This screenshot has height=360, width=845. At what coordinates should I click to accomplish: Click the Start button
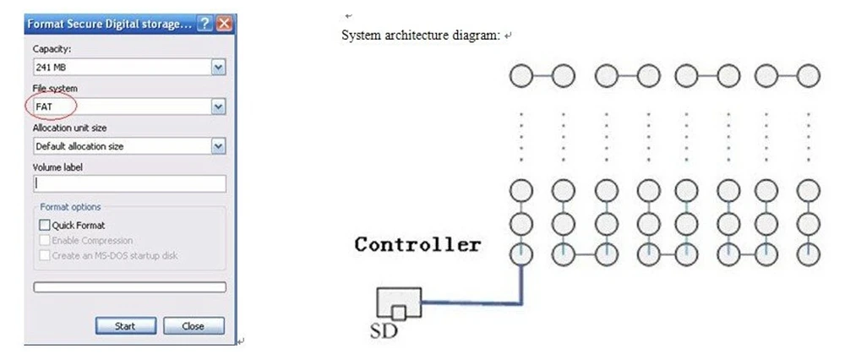[125, 325]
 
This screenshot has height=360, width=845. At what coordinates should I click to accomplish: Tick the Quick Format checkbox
[45, 226]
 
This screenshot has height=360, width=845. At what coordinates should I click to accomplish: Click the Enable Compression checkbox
[45, 241]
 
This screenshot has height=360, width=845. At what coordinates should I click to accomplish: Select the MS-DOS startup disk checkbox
[45, 255]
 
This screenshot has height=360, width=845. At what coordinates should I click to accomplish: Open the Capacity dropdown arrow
[219, 67]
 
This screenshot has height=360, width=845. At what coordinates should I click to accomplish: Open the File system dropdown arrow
[219, 106]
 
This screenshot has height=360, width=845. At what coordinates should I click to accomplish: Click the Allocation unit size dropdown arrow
[219, 146]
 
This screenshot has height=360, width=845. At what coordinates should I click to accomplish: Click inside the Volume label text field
[129, 183]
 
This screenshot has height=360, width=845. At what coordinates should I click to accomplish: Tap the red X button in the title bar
[224, 25]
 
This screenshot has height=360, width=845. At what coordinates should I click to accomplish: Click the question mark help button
[204, 25]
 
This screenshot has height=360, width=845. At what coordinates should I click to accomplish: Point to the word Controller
[417, 245]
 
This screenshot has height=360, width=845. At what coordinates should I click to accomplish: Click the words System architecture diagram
[421, 35]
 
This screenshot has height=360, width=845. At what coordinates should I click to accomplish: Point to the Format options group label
[70, 207]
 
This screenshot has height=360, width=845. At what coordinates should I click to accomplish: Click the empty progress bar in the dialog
[129, 287]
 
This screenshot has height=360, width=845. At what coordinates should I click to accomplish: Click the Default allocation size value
[79, 146]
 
